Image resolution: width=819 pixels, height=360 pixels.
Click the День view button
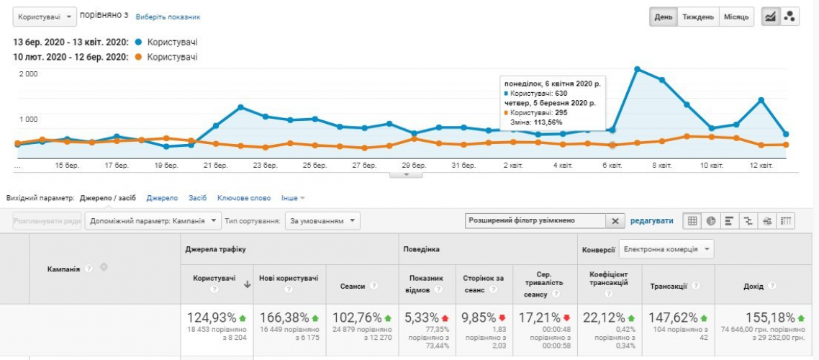pyautogui.click(x=663, y=17)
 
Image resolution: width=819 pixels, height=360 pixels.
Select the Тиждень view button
pyautogui.click(x=698, y=17)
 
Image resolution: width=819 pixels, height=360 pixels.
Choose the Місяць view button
pyautogui.click(x=736, y=17)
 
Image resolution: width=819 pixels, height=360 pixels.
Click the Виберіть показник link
pyautogui.click(x=168, y=17)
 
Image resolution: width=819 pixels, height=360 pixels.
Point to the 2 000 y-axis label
pyautogui.click(x=29, y=74)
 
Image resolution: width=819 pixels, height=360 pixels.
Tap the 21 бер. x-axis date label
pyautogui.click(x=216, y=166)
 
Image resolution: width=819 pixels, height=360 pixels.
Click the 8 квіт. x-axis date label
pyautogui.click(x=663, y=166)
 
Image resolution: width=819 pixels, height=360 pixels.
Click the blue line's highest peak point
pyautogui.click(x=638, y=68)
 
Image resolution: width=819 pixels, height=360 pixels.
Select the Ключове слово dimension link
pyautogui.click(x=245, y=197)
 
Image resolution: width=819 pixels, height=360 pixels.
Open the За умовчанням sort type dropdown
pyautogui.click(x=322, y=221)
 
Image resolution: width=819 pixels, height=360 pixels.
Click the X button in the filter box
pyautogui.click(x=615, y=221)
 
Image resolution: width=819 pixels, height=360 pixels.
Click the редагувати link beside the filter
pyautogui.click(x=652, y=221)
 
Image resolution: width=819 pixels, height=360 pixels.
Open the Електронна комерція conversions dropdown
pyautogui.click(x=666, y=249)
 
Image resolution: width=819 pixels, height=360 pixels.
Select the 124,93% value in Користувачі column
pyautogui.click(x=212, y=318)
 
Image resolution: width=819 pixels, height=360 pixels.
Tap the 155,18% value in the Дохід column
pyautogui.click(x=771, y=318)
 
